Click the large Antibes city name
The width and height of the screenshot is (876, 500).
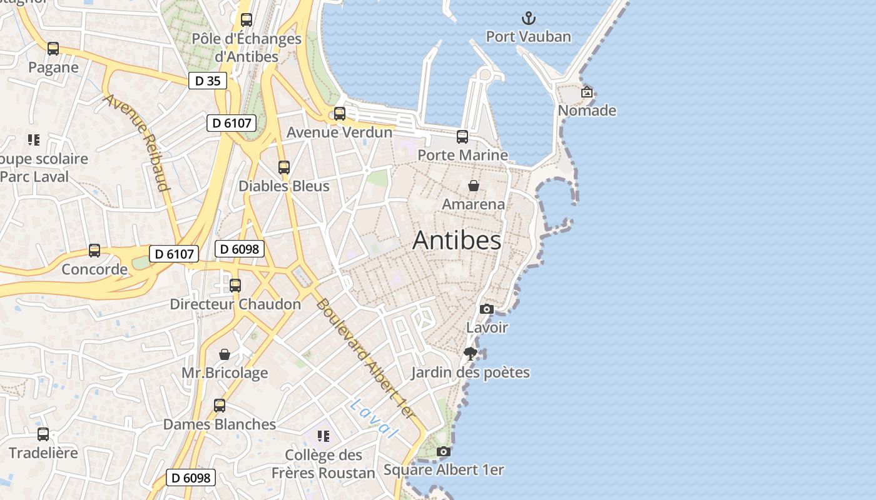click(x=457, y=241)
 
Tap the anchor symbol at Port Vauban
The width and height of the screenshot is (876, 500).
click(x=529, y=18)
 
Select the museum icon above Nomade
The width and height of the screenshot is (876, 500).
click(x=587, y=92)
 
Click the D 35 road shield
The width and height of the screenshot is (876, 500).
click(x=208, y=81)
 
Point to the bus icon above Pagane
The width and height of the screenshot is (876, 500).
click(x=53, y=49)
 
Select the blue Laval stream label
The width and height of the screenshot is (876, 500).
click(x=374, y=418)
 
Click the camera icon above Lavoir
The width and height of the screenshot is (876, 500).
click(x=487, y=309)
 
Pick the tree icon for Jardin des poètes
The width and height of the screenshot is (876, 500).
click(x=471, y=354)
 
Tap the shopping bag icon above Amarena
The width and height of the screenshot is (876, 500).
click(x=474, y=186)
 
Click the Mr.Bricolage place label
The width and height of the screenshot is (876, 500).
click(x=225, y=373)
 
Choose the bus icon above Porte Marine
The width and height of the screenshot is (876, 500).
click(x=462, y=136)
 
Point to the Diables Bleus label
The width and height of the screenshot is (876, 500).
click(x=284, y=186)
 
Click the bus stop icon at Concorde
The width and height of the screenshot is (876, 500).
click(x=94, y=251)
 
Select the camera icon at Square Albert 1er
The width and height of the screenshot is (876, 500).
click(x=444, y=451)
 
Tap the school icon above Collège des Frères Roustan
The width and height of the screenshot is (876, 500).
click(x=323, y=436)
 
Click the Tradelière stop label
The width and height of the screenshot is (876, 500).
click(x=43, y=452)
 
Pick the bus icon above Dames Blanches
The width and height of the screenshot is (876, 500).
click(x=220, y=405)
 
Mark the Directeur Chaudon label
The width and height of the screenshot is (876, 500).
click(x=235, y=304)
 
